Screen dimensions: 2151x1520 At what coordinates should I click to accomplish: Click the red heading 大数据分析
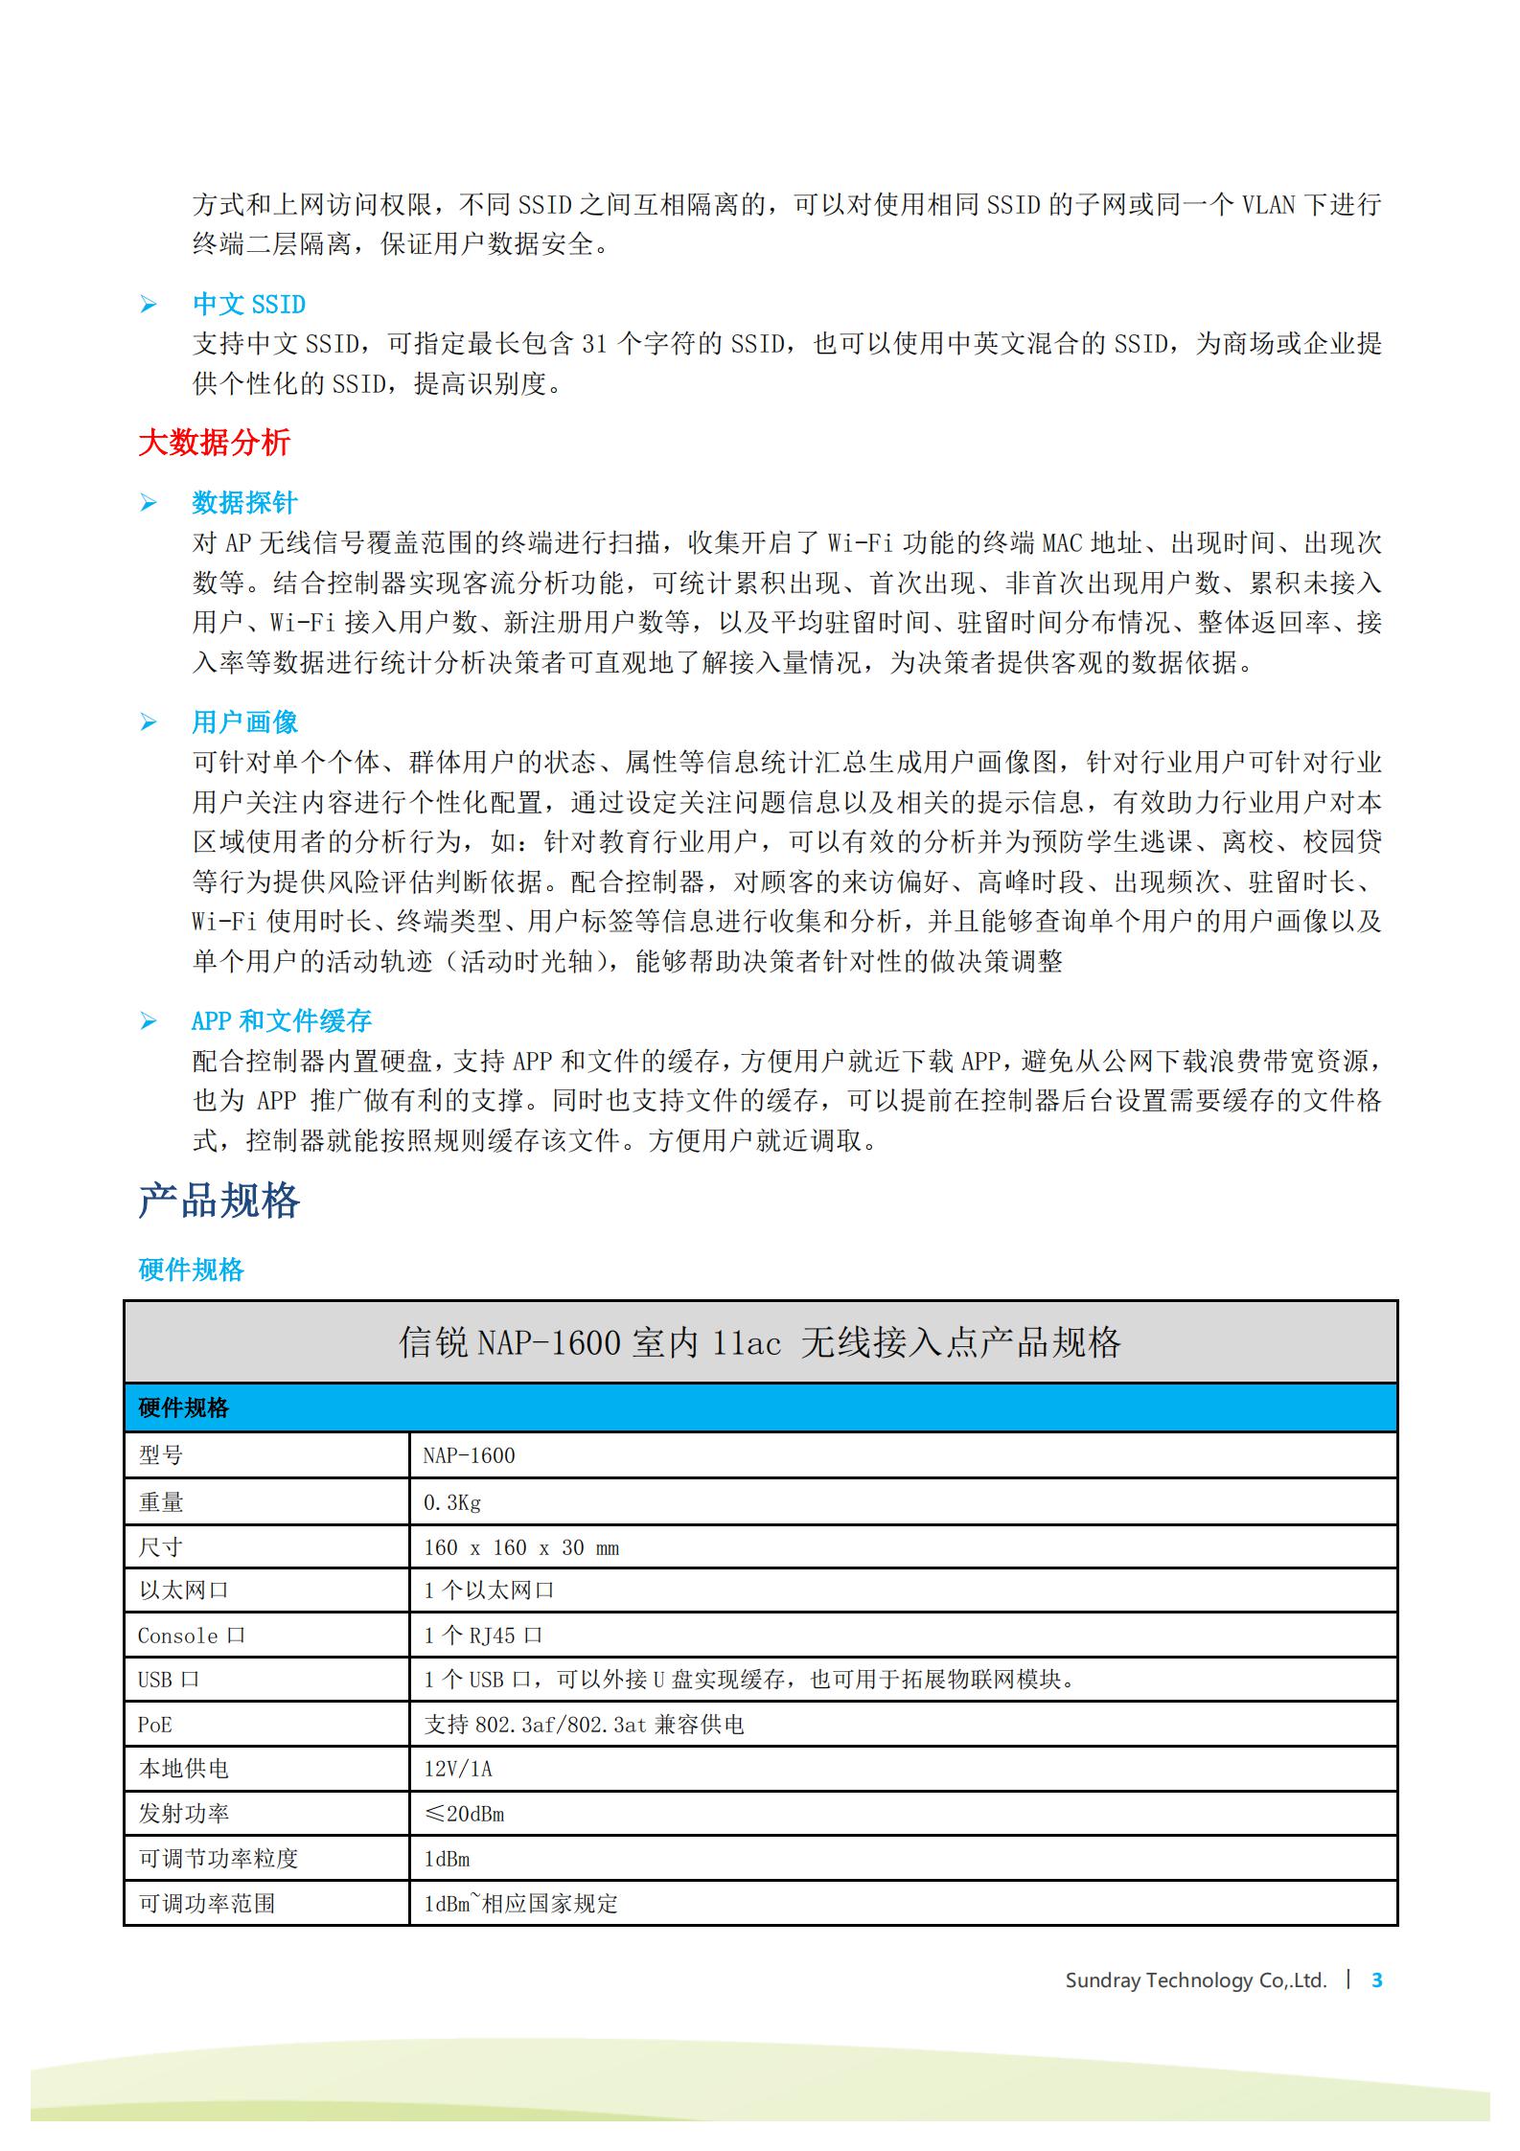click(x=214, y=443)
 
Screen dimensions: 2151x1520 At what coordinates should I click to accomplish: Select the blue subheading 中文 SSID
click(x=249, y=305)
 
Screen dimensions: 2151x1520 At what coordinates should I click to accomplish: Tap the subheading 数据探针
click(x=244, y=503)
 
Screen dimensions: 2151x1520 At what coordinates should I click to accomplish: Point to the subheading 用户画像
click(x=244, y=722)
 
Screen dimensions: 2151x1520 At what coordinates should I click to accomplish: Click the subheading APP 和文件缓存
click(x=281, y=1021)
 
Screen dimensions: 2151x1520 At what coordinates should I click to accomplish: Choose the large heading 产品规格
click(x=219, y=1201)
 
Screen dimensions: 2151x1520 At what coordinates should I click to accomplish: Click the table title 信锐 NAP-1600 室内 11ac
click(x=759, y=1342)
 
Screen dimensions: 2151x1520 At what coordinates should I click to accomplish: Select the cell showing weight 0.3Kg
click(x=452, y=1502)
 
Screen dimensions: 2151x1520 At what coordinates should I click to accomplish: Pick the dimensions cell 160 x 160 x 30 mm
click(x=521, y=1547)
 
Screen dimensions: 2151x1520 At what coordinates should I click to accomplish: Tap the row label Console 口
click(x=191, y=1636)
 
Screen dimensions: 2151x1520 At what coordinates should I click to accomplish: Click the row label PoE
click(x=155, y=1725)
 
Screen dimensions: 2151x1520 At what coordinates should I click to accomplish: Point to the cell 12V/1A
click(x=458, y=1769)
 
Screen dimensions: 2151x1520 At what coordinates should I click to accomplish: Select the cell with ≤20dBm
click(x=464, y=1814)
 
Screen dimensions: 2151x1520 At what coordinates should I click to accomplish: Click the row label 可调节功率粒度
click(x=219, y=1859)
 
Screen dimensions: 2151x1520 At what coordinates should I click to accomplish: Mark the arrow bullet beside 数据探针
click(x=149, y=503)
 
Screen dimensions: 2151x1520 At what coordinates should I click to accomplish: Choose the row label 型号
click(x=160, y=1455)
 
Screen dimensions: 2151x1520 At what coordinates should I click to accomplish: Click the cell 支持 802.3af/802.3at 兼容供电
click(x=584, y=1725)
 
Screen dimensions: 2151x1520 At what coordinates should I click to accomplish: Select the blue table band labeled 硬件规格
click(x=759, y=1407)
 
